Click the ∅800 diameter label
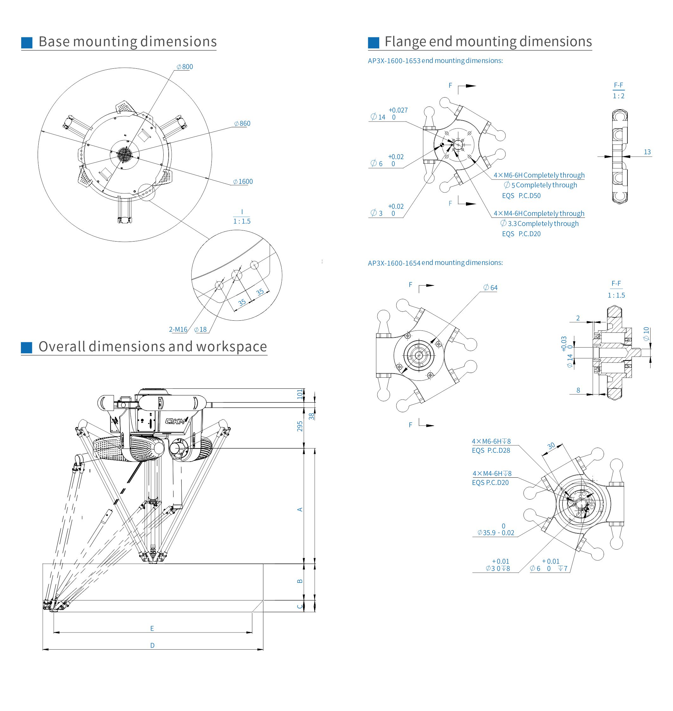[x=185, y=67]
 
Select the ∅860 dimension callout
[x=242, y=123]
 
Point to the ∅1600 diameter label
[x=243, y=181]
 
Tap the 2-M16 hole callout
[x=178, y=329]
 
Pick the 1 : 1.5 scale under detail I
[x=242, y=221]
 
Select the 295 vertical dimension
[x=300, y=426]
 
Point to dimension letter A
[x=300, y=509]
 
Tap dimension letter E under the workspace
[x=152, y=628]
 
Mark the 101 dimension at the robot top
[x=300, y=394]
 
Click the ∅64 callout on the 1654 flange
[x=490, y=288]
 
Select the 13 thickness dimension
[x=647, y=152]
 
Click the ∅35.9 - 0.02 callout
[x=496, y=533]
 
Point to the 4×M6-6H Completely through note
[x=539, y=175]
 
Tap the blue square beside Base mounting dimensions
[x=27, y=42]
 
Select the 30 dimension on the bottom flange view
[x=551, y=446]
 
